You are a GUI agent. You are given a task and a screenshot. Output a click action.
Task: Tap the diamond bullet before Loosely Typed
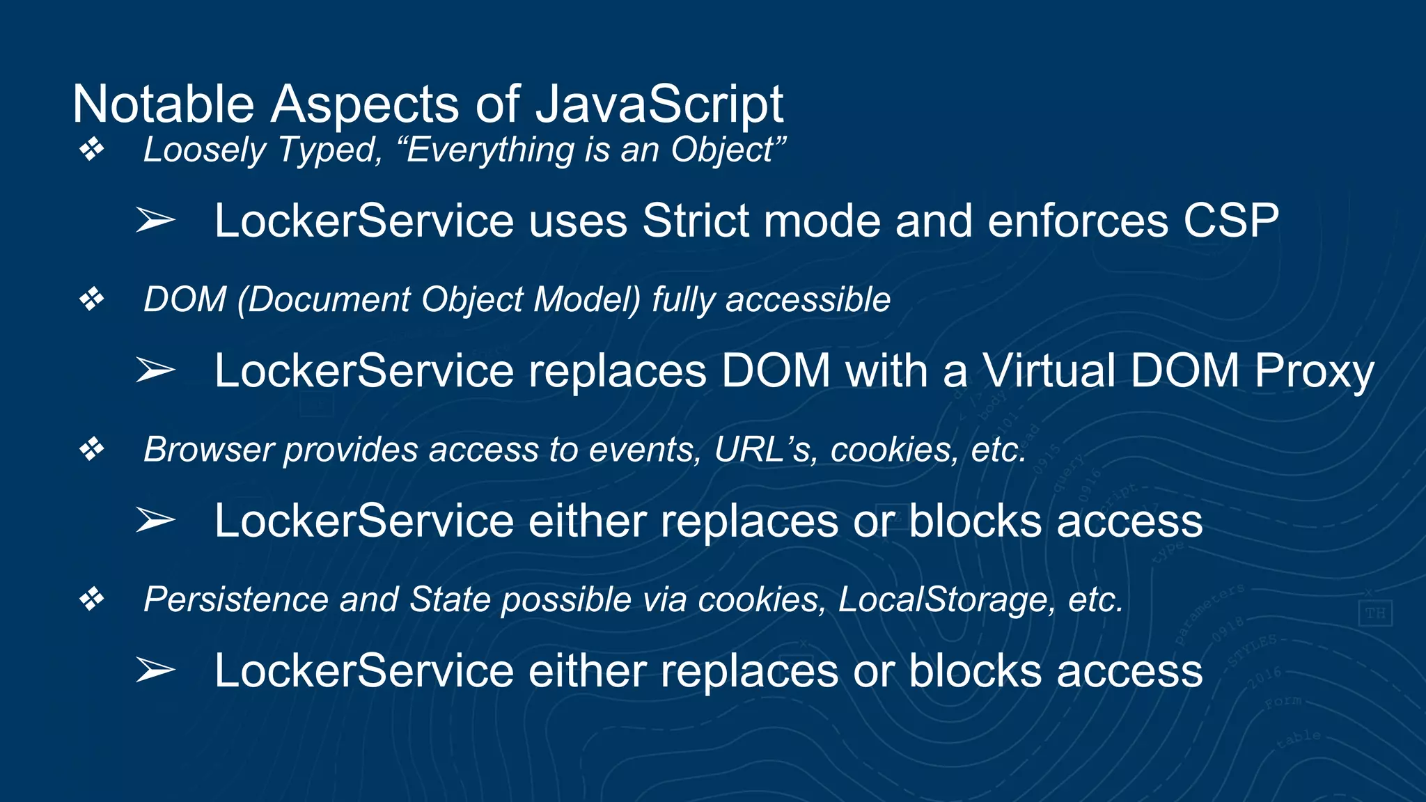(91, 149)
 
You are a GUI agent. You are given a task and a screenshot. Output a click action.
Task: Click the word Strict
(695, 221)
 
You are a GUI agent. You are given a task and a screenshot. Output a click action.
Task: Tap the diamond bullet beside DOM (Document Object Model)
(91, 299)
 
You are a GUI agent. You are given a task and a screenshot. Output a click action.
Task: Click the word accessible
(808, 300)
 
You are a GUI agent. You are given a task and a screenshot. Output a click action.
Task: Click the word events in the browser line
(645, 450)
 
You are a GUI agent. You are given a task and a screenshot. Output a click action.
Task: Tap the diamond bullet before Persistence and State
(91, 599)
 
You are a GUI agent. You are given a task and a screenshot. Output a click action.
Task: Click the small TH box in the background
(1375, 613)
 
